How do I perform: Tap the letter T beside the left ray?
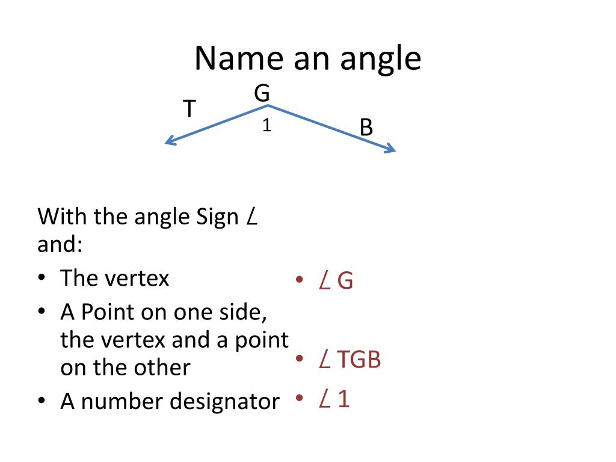coord(189,109)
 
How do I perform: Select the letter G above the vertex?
coord(262,94)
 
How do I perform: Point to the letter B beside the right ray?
coord(366,128)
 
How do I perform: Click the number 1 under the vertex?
coord(266,126)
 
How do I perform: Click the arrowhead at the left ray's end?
coord(168,142)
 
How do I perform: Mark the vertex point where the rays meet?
coord(268,106)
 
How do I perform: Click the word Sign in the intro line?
coord(218,217)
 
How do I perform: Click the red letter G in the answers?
coord(345,281)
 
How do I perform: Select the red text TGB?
coord(359,360)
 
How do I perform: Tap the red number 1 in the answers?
coord(343,399)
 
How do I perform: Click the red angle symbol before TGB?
coord(324,360)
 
